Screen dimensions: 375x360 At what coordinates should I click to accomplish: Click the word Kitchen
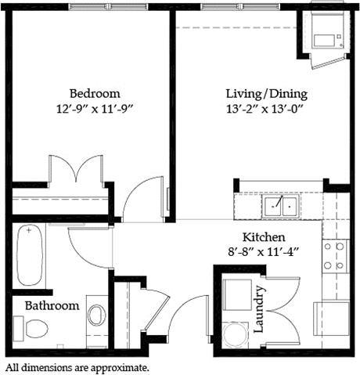262,237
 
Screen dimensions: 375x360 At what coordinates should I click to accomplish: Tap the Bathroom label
52,305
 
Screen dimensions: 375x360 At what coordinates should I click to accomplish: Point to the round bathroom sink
96,316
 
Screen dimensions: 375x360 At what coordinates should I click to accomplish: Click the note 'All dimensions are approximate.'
77,366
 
